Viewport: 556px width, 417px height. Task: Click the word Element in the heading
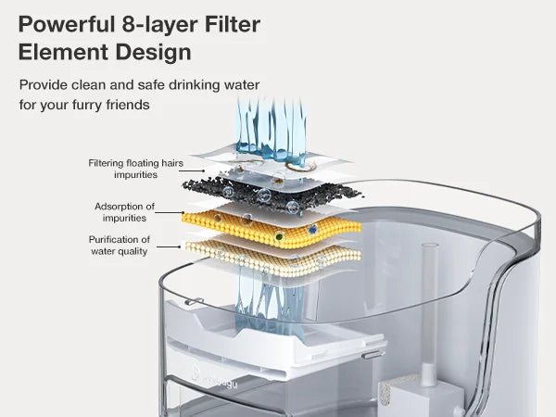click(58, 52)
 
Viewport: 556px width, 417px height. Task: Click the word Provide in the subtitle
click(45, 85)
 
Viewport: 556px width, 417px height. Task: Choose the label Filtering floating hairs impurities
click(135, 169)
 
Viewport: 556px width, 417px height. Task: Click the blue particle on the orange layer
click(313, 229)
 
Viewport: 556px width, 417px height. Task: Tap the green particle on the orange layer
click(279, 237)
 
